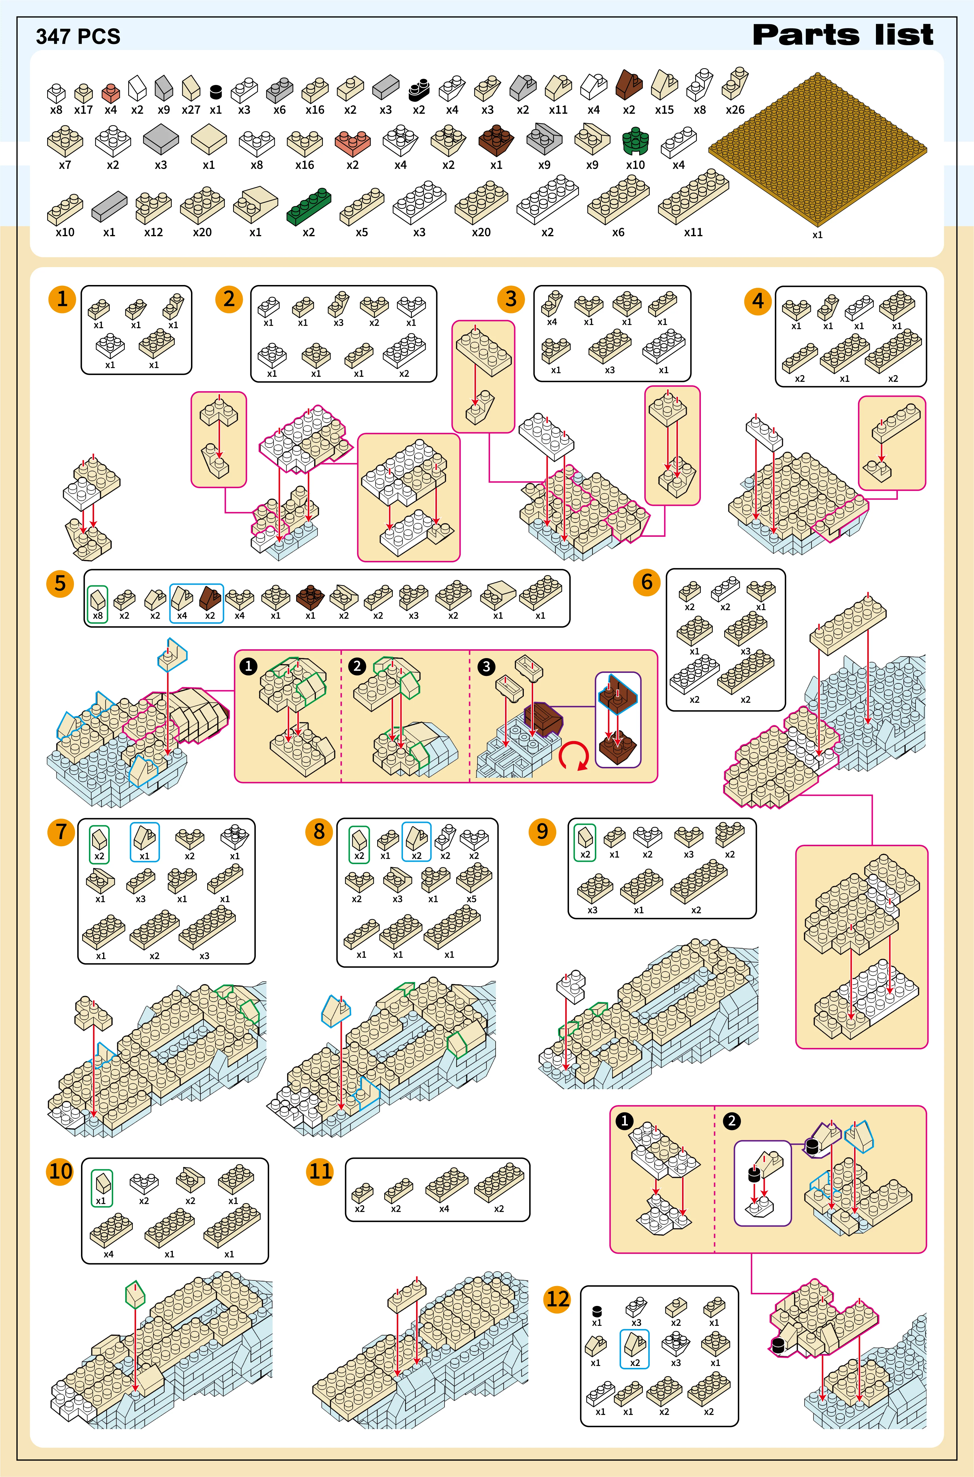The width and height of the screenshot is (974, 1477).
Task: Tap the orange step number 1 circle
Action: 62,299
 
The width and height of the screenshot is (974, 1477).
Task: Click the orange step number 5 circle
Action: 60,584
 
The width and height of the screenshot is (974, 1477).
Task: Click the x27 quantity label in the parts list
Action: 191,110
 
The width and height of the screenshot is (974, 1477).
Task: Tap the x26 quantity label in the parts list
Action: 735,110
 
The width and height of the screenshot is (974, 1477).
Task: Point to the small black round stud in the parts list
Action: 215,92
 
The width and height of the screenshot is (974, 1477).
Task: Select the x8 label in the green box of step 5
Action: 97,616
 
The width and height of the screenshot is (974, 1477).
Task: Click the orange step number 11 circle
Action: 321,1172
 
